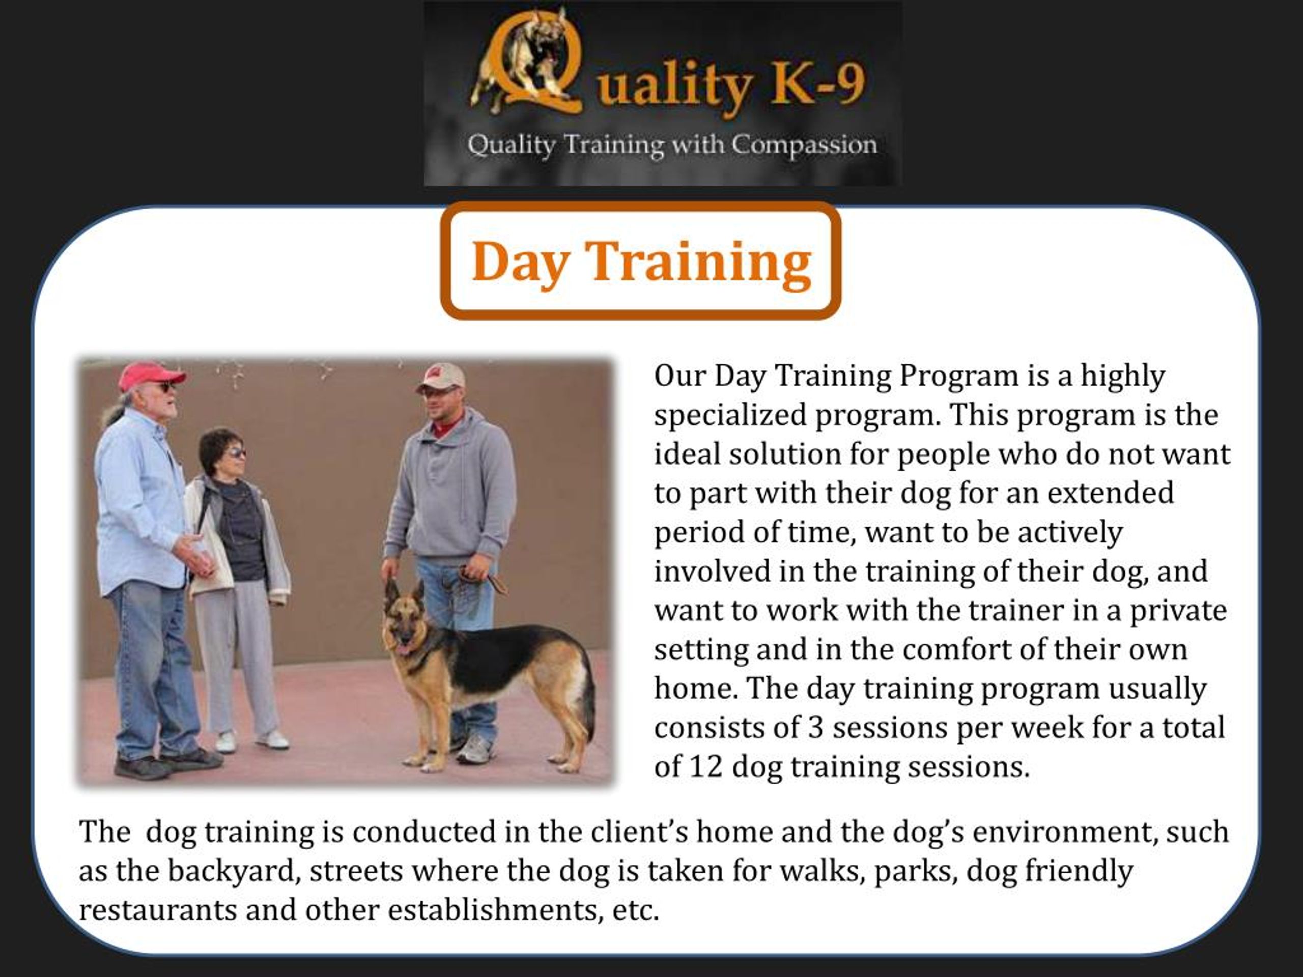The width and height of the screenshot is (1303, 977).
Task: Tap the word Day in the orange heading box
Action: click(x=520, y=263)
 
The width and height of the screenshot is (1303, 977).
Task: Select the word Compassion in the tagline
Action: click(x=804, y=145)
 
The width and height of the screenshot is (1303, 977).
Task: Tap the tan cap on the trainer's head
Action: click(x=442, y=377)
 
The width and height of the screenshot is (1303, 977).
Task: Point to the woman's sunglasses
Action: click(x=236, y=453)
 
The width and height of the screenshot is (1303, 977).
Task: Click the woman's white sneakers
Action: click(x=253, y=740)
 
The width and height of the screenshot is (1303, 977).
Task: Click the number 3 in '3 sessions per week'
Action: click(x=815, y=727)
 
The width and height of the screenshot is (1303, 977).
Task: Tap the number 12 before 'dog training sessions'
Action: click(x=705, y=767)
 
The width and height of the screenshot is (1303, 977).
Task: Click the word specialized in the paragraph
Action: click(x=730, y=415)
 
